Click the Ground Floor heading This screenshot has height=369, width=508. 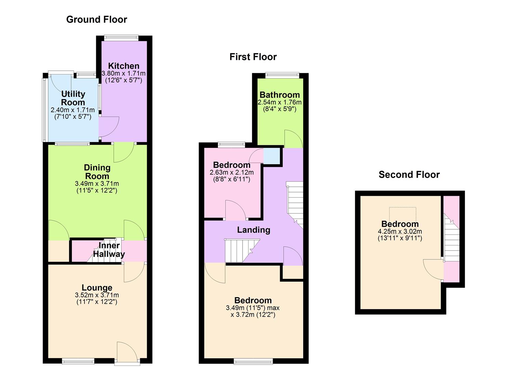pos(96,19)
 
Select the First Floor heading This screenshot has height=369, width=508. pos(253,57)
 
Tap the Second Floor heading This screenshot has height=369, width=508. pos(409,175)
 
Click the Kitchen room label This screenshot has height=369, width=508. pos(123,66)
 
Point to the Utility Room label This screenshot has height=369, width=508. pos(73,98)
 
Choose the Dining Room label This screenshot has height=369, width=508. pos(97,172)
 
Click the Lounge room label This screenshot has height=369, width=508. pos(97,288)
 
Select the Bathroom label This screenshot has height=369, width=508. pos(279,95)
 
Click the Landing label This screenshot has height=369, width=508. pos(253,230)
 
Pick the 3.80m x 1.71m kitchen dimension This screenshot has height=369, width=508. pos(123,73)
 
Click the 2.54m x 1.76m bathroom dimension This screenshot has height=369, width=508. pos(279,102)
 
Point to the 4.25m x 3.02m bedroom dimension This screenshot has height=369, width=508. pos(400,231)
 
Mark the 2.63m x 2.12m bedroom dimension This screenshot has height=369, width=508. pos(232,172)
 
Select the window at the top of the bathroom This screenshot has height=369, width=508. pos(282,75)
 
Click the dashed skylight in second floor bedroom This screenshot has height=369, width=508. pos(403,214)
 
